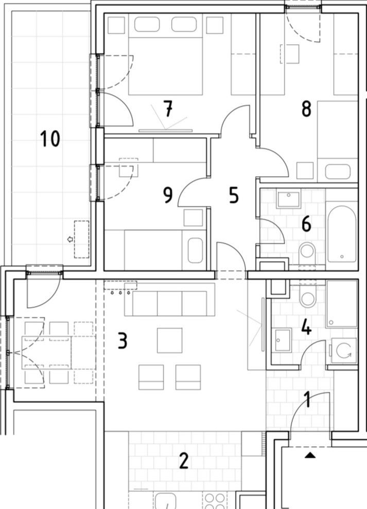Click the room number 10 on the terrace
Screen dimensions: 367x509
coord(50,139)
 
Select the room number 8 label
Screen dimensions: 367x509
coord(306,109)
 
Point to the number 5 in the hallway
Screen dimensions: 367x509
coord(234,195)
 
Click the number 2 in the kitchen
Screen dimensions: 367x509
coord(184,461)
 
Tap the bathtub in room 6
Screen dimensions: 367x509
coord(342,234)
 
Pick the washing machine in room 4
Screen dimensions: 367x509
coord(344,351)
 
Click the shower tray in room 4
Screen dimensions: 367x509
coord(342,304)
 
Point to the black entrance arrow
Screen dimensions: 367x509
coord(310,455)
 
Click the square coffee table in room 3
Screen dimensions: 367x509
coord(169,340)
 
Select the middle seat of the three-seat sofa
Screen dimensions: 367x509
coord(169,303)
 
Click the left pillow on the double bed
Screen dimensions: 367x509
coord(147,24)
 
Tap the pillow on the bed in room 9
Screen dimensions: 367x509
coord(195,250)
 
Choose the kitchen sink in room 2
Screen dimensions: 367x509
coord(165,501)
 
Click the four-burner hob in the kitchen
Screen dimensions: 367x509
coord(215,501)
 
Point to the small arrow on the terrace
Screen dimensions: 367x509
coord(69,239)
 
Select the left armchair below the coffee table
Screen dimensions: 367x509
coord(151,377)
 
